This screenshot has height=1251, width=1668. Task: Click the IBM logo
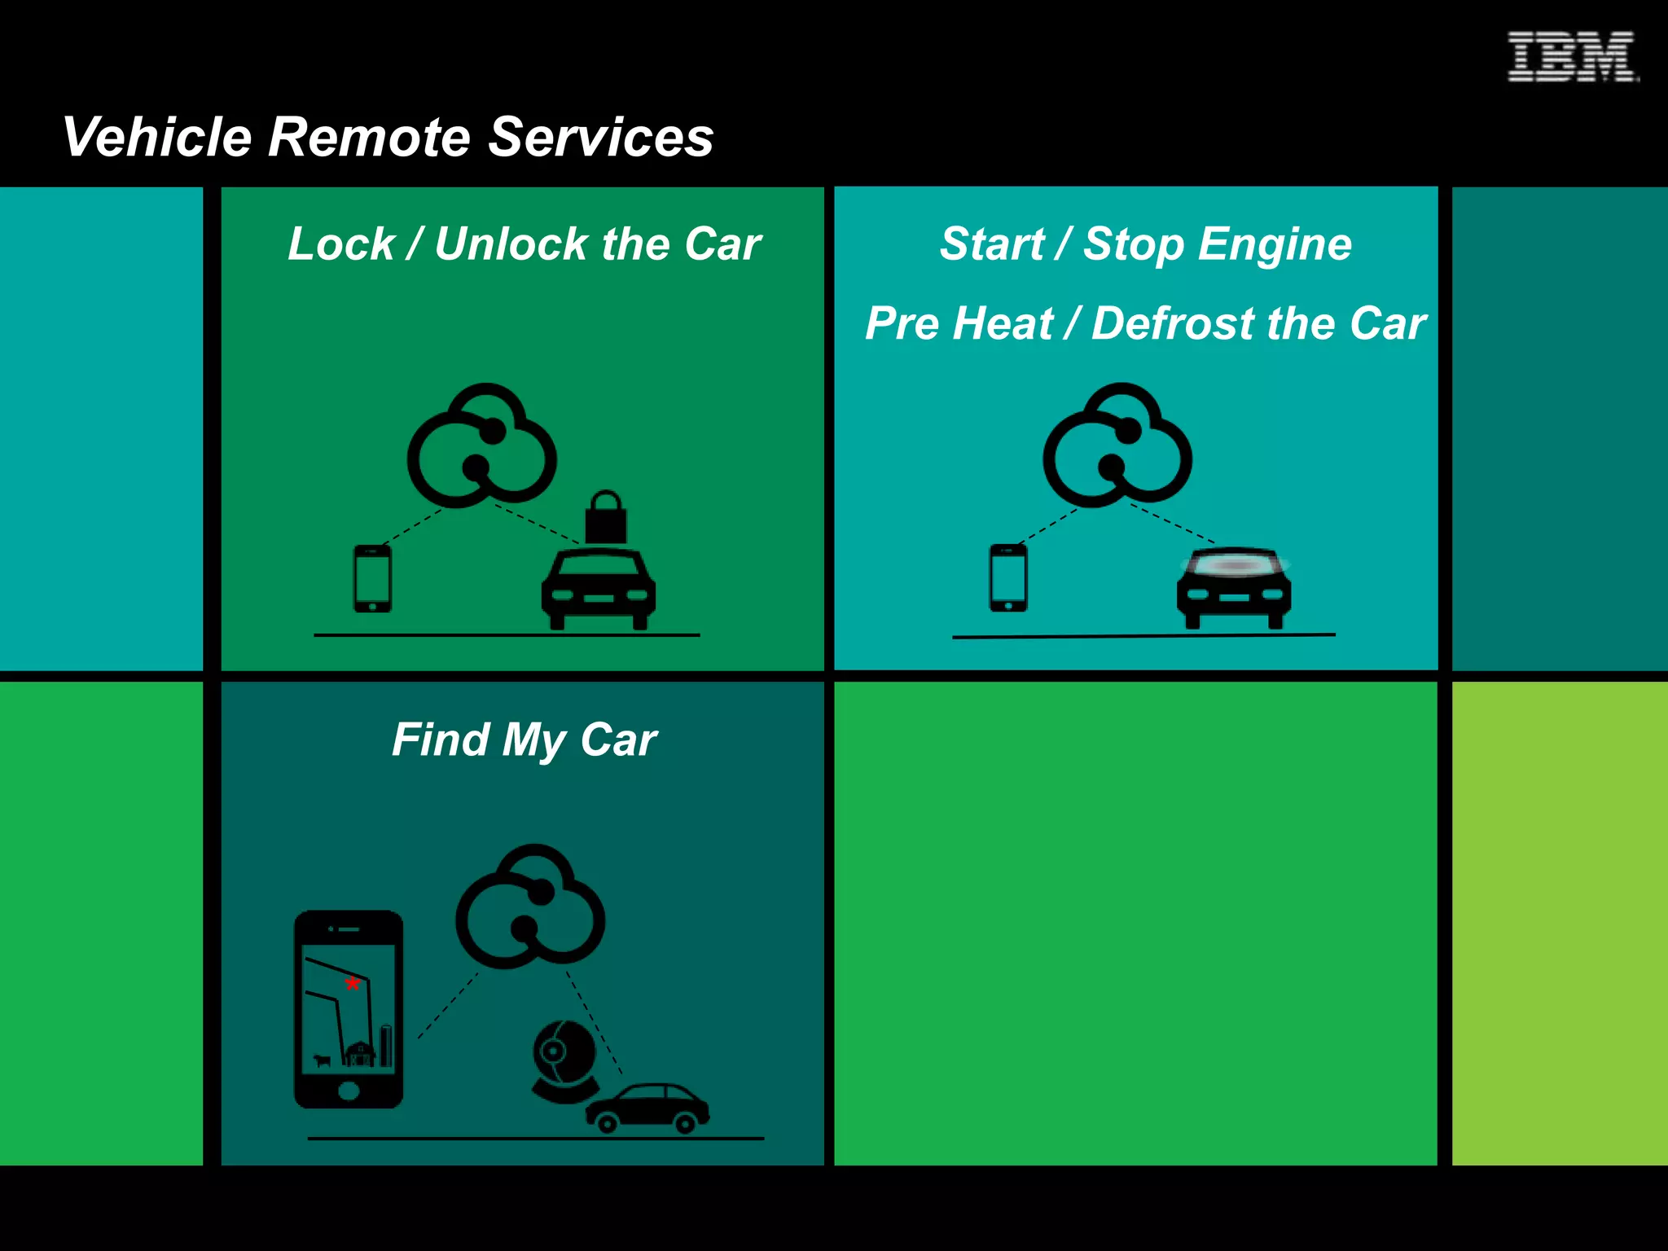pyautogui.click(x=1571, y=56)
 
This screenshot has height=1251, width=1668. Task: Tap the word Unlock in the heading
pyautogui.click(x=511, y=244)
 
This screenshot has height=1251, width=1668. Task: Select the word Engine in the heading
pyautogui.click(x=1275, y=244)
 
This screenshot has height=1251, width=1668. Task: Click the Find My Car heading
pyautogui.click(x=524, y=740)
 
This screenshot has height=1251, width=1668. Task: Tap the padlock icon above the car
pyautogui.click(x=606, y=517)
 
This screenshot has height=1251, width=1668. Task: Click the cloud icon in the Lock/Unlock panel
pyautogui.click(x=482, y=446)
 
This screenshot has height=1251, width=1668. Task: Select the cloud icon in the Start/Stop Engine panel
pyautogui.click(x=1117, y=446)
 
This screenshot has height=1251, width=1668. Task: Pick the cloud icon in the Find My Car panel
pyautogui.click(x=530, y=906)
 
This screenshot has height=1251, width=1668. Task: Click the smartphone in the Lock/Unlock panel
pyautogui.click(x=372, y=578)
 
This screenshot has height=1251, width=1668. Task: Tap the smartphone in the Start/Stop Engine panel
pyautogui.click(x=1007, y=578)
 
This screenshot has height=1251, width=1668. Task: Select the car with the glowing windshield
pyautogui.click(x=1233, y=588)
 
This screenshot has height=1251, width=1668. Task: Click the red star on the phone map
pyautogui.click(x=352, y=983)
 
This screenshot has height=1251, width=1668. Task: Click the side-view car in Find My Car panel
pyautogui.click(x=647, y=1108)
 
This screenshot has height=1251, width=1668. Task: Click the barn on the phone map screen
pyautogui.click(x=359, y=1053)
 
